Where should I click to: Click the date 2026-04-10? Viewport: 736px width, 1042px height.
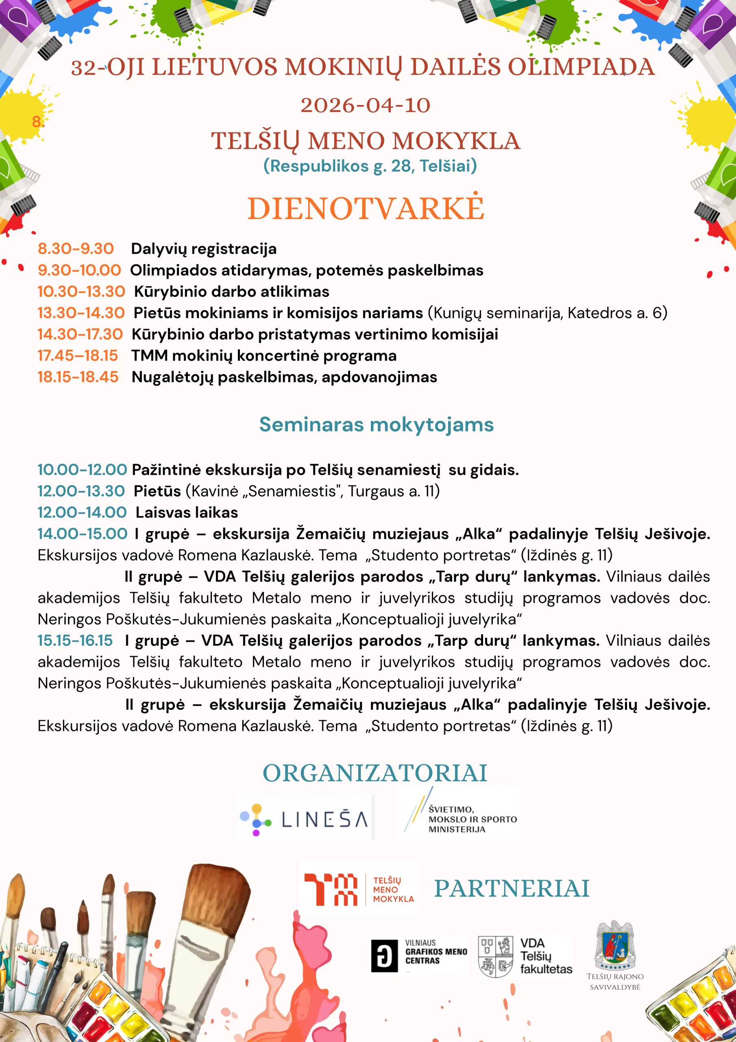[366, 106]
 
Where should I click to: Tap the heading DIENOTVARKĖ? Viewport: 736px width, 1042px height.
[366, 209]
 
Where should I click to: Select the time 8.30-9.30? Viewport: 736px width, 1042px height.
[76, 249]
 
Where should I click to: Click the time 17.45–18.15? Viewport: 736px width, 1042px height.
[78, 355]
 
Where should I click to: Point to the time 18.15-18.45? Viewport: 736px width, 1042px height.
[78, 377]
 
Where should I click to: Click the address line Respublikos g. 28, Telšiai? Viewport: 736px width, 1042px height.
[370, 166]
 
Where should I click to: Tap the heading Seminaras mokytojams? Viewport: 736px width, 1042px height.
[377, 425]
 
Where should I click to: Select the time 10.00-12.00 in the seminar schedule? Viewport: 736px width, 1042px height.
[82, 469]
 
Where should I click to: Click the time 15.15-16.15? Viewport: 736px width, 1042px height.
[75, 640]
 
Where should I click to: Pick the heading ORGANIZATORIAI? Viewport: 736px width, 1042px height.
[375, 773]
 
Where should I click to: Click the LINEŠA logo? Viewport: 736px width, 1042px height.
[304, 819]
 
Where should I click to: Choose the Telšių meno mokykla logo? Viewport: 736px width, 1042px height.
[358, 889]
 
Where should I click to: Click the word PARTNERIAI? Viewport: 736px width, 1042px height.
[512, 889]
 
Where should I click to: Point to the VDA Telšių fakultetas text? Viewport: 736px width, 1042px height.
[546, 956]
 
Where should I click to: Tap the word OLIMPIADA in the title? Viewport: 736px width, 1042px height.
[581, 67]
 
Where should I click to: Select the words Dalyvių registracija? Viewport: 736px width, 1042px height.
[204, 249]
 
